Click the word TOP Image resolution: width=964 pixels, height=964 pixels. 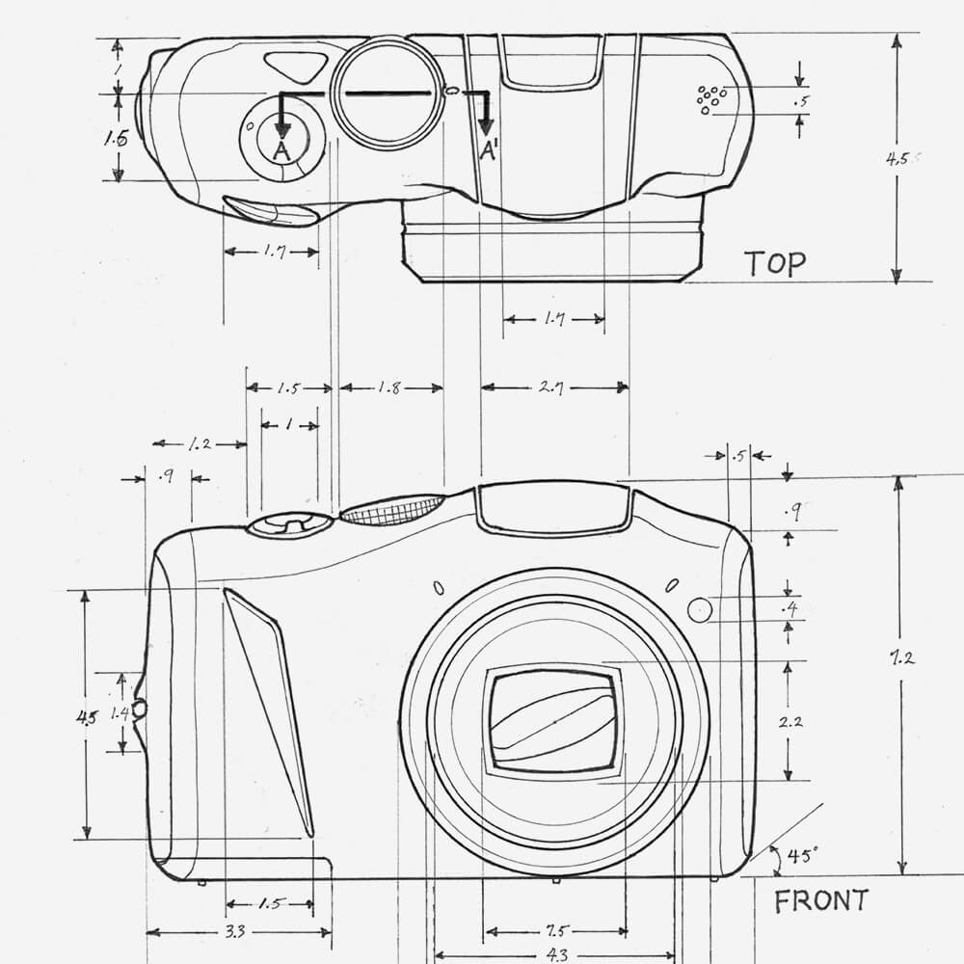pyautogui.click(x=775, y=262)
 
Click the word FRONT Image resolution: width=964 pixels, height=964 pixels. pyautogui.click(x=820, y=901)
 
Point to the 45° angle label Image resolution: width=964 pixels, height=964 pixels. pyautogui.click(x=802, y=854)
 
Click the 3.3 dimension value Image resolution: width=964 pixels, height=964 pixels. pyautogui.click(x=233, y=932)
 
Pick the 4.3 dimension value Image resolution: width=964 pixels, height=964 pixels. pyautogui.click(x=556, y=954)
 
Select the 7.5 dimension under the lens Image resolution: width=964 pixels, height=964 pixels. pyautogui.click(x=555, y=931)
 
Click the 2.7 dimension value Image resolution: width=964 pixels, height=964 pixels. pyautogui.click(x=551, y=388)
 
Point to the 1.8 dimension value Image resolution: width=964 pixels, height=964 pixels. pyautogui.click(x=389, y=388)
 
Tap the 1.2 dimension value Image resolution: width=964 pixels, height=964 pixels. pyautogui.click(x=200, y=444)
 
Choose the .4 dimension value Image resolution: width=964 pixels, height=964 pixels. pyautogui.click(x=791, y=608)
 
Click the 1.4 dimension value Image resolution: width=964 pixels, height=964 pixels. pyautogui.click(x=120, y=713)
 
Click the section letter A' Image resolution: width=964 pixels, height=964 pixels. pyautogui.click(x=489, y=150)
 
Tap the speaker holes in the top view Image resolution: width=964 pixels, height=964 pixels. pyautogui.click(x=710, y=97)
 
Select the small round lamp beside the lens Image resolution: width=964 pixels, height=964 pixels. pyautogui.click(x=701, y=609)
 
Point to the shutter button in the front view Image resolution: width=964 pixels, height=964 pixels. pyautogui.click(x=290, y=523)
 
